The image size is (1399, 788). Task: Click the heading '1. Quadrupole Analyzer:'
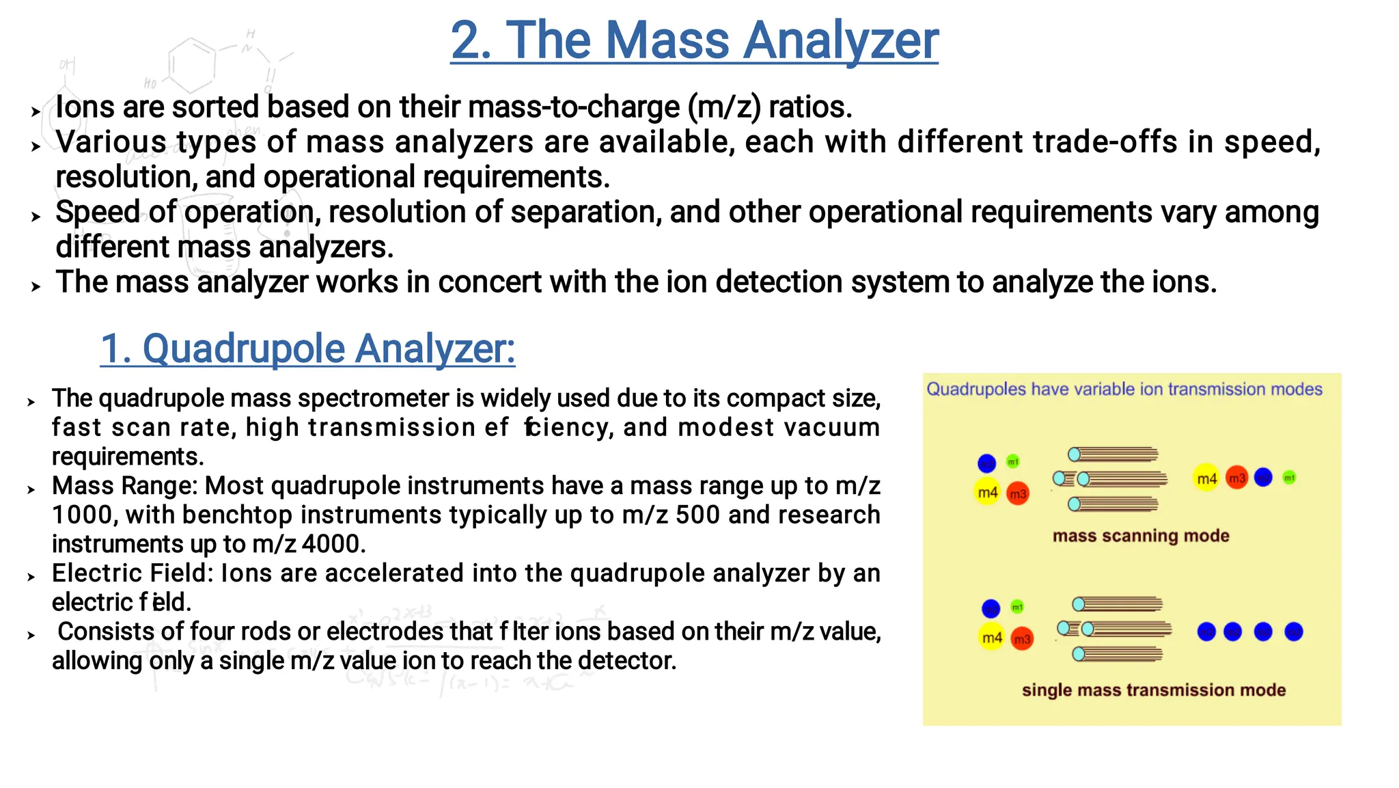point(307,349)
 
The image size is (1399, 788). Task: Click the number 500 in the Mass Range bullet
point(697,515)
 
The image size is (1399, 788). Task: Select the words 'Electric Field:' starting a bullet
point(133,573)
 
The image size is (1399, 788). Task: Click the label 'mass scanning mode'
point(1140,536)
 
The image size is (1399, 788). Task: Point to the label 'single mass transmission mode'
point(1153,690)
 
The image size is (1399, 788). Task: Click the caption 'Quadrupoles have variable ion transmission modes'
point(1124,390)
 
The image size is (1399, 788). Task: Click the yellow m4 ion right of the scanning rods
point(1206,478)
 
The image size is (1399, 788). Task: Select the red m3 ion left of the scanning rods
point(1018,493)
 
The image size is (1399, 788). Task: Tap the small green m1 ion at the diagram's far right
point(1289,478)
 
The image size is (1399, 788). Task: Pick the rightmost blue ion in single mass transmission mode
point(1293,632)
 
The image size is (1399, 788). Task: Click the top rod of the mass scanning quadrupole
point(1113,454)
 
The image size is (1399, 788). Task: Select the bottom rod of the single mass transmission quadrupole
point(1119,655)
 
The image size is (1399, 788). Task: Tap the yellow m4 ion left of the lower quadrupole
point(991,638)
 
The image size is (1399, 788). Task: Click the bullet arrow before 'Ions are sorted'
point(36,111)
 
